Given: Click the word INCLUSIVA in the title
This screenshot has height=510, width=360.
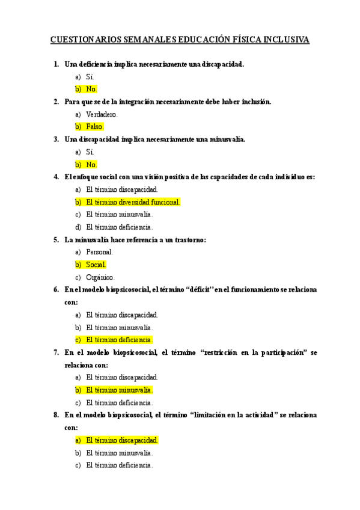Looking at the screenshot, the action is click(285, 40).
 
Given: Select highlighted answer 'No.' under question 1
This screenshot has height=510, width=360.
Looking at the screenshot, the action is click(91, 89).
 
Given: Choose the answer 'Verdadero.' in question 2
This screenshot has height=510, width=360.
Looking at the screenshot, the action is click(102, 114).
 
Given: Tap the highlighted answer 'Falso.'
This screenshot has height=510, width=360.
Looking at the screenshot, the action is click(95, 127).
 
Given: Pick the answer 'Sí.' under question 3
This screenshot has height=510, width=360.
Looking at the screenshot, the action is click(90, 152).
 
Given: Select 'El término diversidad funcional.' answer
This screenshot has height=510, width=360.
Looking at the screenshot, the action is click(133, 202).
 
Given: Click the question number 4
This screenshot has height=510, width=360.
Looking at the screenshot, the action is click(56, 177).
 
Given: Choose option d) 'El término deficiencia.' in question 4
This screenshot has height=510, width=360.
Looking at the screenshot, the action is click(119, 227).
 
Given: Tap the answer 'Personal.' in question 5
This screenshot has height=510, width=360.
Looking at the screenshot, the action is click(99, 253).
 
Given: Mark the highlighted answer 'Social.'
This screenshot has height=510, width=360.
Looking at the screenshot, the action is click(96, 265).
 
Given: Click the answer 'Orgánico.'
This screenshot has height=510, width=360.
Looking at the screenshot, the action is click(100, 277).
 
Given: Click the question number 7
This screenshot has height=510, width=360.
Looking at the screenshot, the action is click(56, 352).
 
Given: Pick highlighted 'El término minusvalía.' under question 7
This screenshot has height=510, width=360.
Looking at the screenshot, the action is click(119, 390).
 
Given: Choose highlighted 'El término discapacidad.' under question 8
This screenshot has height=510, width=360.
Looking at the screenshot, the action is click(122, 440).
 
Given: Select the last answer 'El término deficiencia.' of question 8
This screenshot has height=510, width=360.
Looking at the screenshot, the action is click(119, 465).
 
